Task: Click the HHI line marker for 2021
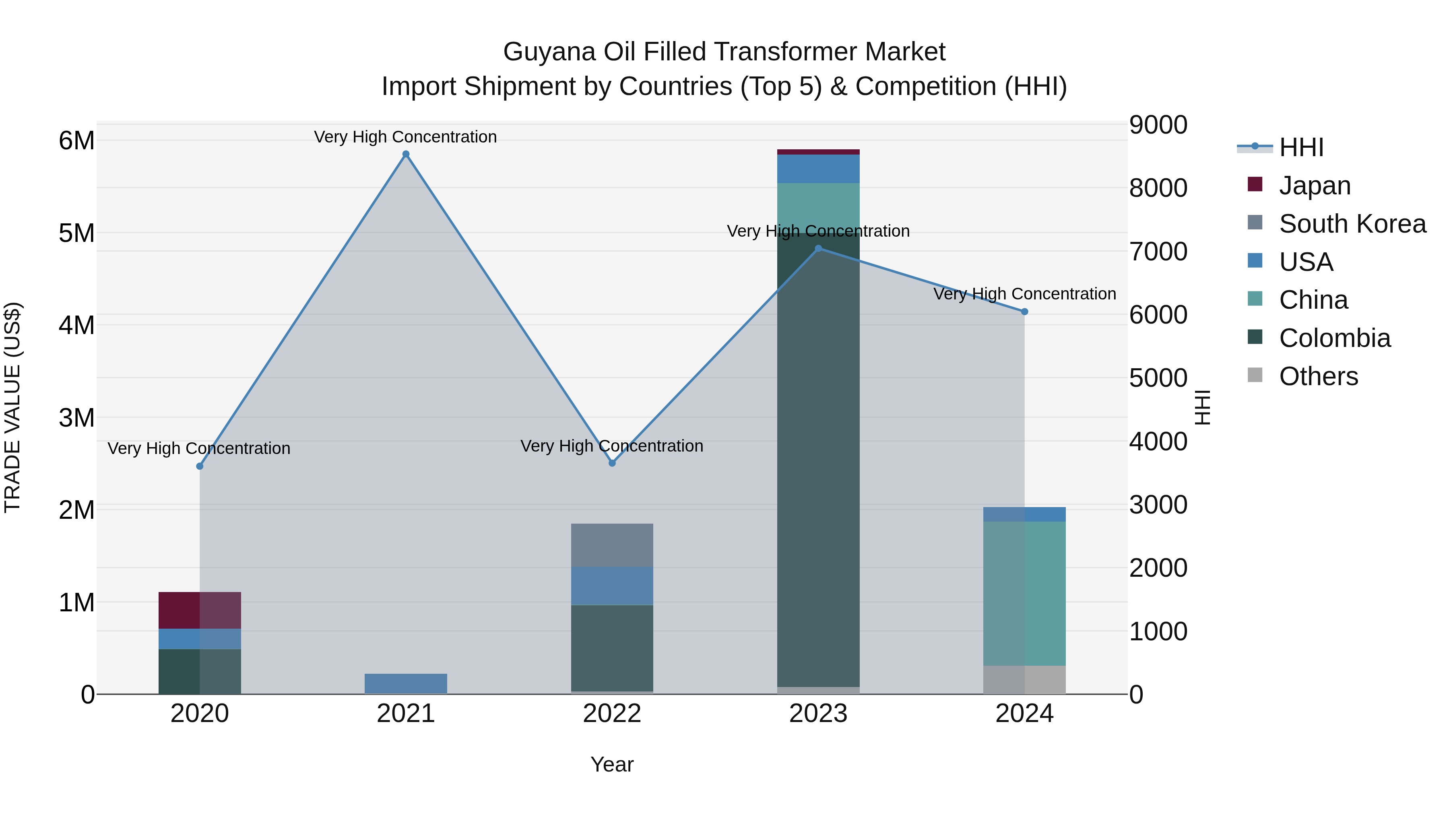click(406, 154)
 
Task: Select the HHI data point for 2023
click(818, 248)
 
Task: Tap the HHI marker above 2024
click(1024, 312)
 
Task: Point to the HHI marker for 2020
click(200, 466)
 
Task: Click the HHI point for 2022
click(612, 463)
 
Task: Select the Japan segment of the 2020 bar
click(200, 610)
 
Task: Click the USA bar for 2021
click(406, 683)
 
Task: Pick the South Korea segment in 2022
click(612, 545)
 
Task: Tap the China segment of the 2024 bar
click(1024, 593)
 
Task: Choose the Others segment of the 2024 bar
click(1024, 680)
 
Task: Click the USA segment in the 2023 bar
click(818, 169)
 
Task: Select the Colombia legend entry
click(1334, 338)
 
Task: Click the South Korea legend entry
click(1352, 224)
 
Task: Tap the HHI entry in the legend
click(1301, 147)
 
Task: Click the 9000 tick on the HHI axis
click(1158, 125)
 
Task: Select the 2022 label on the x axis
click(612, 714)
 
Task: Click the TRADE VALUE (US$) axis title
click(13, 407)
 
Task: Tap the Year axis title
click(612, 764)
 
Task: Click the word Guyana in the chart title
click(549, 52)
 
